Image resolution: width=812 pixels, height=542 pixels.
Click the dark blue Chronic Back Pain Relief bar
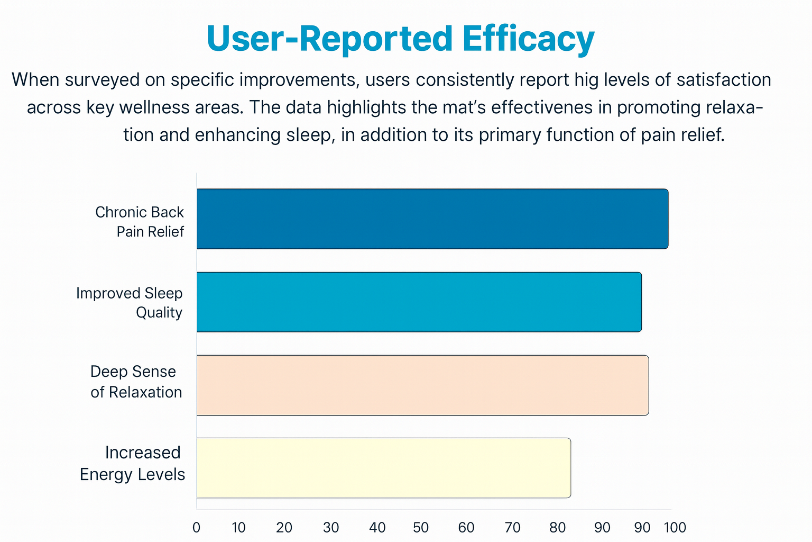432,219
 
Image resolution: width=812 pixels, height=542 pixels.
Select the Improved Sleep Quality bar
419,302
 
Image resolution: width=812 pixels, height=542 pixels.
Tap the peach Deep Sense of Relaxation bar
422,385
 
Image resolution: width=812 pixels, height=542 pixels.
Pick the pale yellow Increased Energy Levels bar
383,468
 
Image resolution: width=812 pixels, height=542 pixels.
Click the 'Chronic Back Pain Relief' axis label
140,222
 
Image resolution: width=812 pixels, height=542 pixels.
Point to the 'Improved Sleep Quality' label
130,303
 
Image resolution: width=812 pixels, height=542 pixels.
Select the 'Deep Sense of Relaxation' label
136,382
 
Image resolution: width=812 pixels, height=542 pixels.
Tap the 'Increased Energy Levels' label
133,463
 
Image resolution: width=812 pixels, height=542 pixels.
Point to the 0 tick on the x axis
196,528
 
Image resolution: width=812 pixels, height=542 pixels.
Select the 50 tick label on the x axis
421,528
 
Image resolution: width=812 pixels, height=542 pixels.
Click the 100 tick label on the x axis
675,528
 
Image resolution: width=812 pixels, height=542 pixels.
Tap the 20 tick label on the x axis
284,528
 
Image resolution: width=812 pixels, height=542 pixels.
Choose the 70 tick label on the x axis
512,528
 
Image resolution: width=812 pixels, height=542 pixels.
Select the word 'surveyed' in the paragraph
109,80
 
